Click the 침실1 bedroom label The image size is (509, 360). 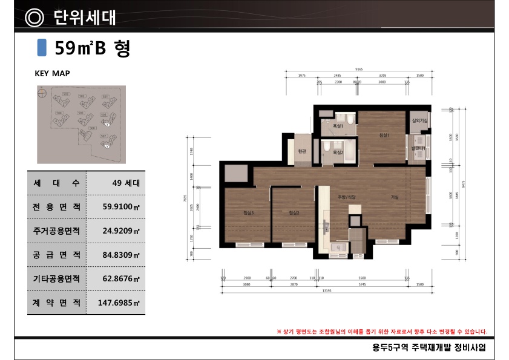382,135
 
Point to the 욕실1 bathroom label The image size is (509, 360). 338,126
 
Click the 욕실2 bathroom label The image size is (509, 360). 338,153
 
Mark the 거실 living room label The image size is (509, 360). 394,197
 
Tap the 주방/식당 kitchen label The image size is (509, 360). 346,197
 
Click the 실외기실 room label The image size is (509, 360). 419,121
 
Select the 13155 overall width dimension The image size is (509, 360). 326,289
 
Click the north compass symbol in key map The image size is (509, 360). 42,94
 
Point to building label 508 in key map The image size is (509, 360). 93,128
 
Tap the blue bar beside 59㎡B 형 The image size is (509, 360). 42,47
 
